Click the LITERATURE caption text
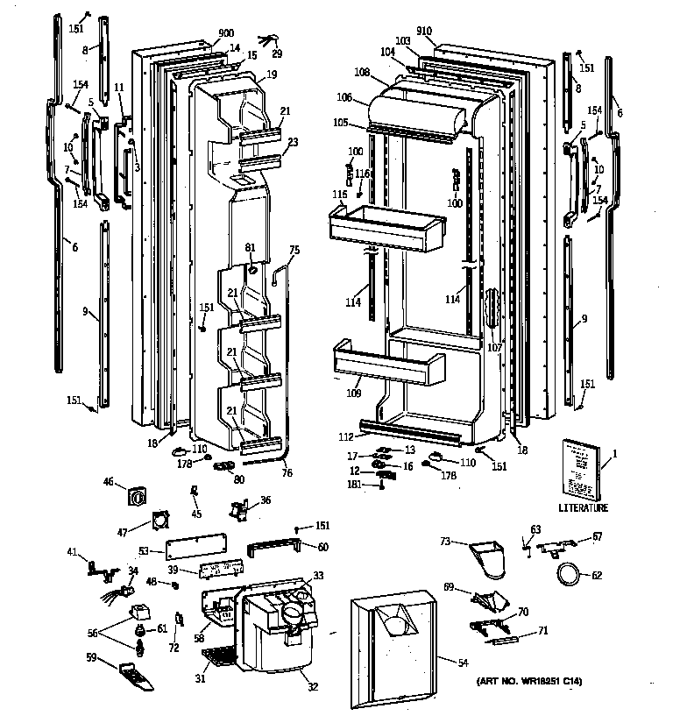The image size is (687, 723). click(583, 507)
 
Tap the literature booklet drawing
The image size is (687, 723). click(580, 468)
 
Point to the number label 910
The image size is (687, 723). click(425, 31)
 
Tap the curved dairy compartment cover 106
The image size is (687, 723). click(416, 114)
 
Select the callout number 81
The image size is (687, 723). click(251, 248)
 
